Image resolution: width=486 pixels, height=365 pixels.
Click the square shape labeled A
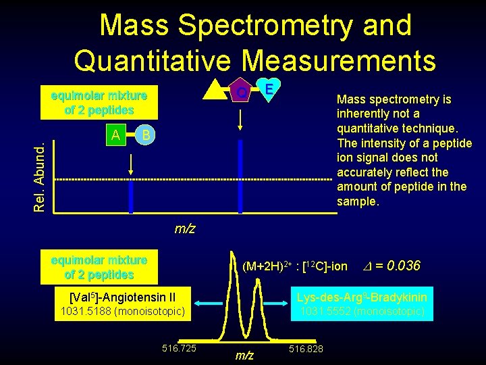coord(117,135)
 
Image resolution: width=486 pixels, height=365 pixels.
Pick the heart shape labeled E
coord(269,89)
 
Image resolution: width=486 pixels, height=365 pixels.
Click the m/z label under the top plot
coord(185,228)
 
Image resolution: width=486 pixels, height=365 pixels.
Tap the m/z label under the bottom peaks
coord(244,356)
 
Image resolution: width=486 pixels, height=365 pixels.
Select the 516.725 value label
coord(179,348)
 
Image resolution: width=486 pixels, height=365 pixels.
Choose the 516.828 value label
coord(306,348)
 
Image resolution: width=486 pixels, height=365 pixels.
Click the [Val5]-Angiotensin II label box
coord(123,296)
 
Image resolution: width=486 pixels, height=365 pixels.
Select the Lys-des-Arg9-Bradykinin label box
coord(362,296)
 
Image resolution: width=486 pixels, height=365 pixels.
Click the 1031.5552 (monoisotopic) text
coord(362,312)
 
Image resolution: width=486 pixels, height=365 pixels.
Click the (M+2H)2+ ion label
coord(294,267)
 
